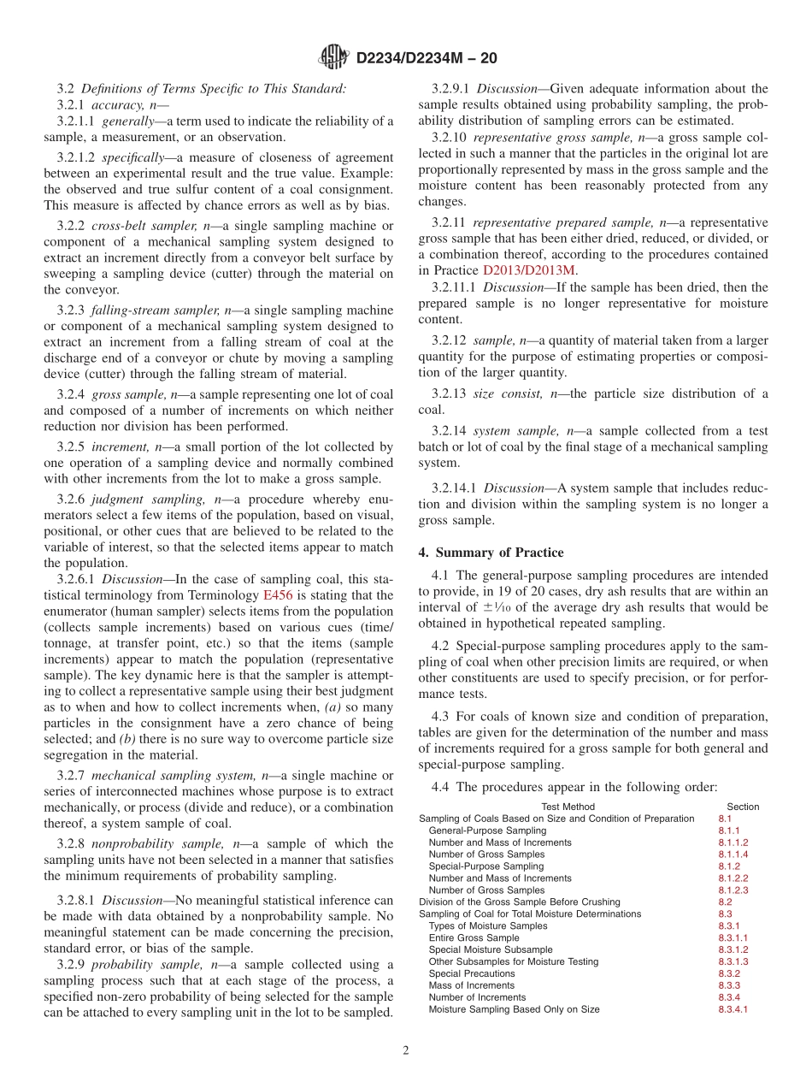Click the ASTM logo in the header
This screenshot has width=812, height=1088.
tap(333, 58)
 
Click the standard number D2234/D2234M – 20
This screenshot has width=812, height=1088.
tap(424, 59)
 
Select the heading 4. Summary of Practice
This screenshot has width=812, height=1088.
tap(491, 553)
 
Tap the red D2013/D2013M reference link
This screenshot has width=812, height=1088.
tap(530, 269)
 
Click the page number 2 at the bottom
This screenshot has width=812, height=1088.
tap(406, 1050)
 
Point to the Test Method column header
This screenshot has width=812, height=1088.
tap(568, 807)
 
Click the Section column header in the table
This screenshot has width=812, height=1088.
tap(742, 807)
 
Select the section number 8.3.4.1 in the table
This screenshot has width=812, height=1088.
tap(733, 1009)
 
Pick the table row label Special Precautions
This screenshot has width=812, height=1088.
tap(472, 973)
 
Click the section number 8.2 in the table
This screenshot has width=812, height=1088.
tap(725, 902)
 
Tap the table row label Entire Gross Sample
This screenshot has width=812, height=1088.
tap(474, 937)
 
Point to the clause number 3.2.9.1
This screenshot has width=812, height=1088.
tap(451, 88)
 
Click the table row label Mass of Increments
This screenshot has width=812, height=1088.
tap(472, 985)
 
